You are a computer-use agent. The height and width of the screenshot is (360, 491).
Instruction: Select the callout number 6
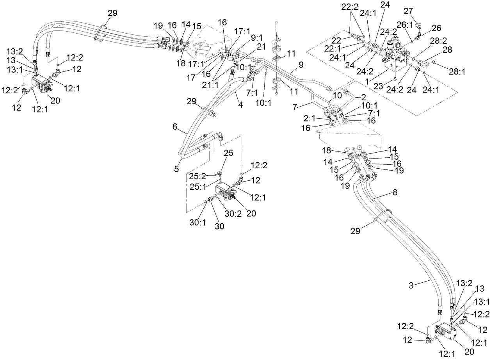174,127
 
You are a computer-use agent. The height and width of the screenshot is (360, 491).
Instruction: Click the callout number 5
176,169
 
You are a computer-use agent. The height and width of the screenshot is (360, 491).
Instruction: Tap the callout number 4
240,105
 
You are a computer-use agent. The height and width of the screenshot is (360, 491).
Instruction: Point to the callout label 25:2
197,176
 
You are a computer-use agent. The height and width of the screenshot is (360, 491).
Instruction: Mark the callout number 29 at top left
112,12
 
